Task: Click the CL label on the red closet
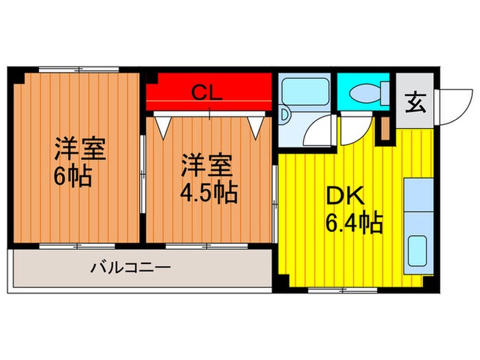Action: tap(205, 93)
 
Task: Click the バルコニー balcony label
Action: tap(130, 267)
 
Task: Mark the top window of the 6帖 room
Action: tap(77, 70)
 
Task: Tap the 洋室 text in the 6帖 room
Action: tap(80, 150)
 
